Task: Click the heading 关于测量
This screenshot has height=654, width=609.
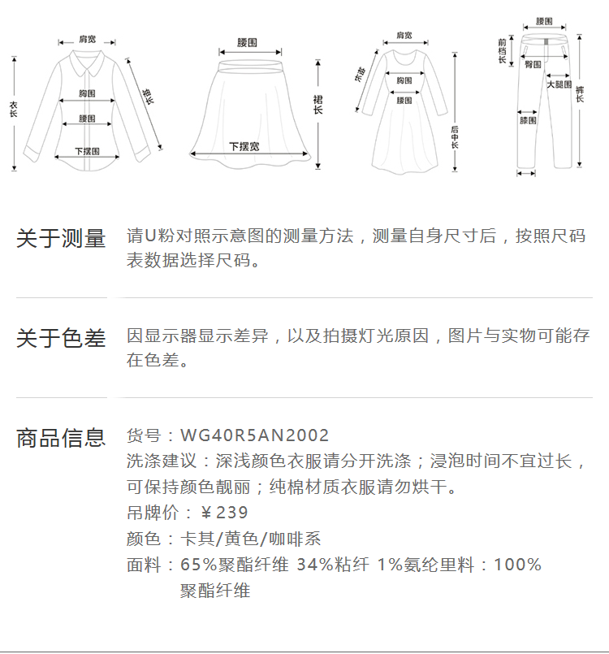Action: [x=62, y=239]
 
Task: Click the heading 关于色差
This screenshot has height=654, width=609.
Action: [x=62, y=338]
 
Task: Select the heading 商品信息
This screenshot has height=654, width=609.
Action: [x=62, y=438]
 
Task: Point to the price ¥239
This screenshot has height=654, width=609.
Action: [x=224, y=513]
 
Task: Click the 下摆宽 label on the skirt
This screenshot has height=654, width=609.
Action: [x=244, y=146]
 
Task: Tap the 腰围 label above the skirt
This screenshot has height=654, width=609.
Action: [x=247, y=41]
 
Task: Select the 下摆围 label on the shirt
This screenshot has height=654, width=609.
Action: [x=87, y=151]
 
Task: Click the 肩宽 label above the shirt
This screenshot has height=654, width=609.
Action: [x=87, y=39]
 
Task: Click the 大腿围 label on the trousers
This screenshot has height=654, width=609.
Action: [x=559, y=84]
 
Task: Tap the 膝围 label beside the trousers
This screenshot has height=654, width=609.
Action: [x=528, y=120]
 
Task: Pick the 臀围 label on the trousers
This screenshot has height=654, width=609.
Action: [x=533, y=64]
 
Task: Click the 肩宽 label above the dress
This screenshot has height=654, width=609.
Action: [x=404, y=36]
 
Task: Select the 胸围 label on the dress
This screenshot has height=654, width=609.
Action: [x=404, y=80]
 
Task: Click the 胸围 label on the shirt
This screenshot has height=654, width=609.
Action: [x=88, y=93]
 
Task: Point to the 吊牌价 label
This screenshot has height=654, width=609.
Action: [x=149, y=513]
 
